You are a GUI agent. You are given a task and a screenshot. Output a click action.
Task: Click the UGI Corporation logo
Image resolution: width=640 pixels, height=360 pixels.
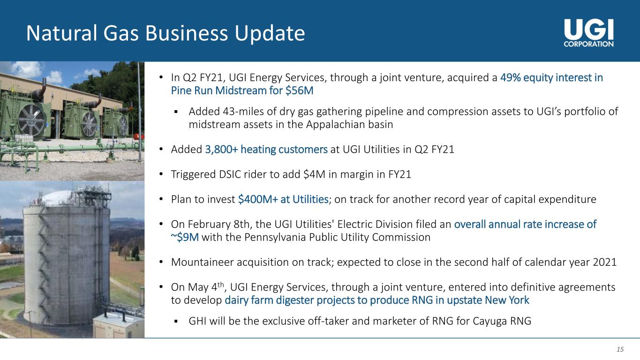[588, 33]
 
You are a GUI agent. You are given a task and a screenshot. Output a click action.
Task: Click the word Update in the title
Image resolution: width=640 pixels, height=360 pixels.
[270, 34]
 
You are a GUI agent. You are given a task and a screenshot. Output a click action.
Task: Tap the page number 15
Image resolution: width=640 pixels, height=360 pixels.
[620, 349]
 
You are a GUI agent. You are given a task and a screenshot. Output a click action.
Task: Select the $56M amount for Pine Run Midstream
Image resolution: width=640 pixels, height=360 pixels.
[300, 90]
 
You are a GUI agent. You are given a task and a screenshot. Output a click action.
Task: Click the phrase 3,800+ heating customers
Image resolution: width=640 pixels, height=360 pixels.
[266, 150]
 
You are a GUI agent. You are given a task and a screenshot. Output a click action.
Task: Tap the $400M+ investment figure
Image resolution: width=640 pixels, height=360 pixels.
[258, 199]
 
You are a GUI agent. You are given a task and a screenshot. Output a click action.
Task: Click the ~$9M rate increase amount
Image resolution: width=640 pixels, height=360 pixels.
[185, 237]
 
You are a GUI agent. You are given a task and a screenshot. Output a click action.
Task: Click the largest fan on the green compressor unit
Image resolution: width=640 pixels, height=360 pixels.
[31, 120]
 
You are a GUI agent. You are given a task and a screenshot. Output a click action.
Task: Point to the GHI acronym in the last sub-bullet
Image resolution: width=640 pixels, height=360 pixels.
[197, 321]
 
